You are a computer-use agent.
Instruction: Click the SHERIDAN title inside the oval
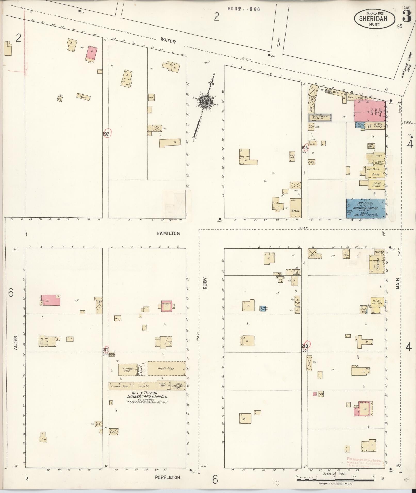373,19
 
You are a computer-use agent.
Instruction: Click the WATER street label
168,40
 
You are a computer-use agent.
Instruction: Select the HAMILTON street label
168,233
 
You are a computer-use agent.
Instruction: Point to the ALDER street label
15,342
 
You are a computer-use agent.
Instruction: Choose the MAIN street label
398,283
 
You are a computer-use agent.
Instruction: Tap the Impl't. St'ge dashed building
166,368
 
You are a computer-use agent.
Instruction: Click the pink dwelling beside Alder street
51,300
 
